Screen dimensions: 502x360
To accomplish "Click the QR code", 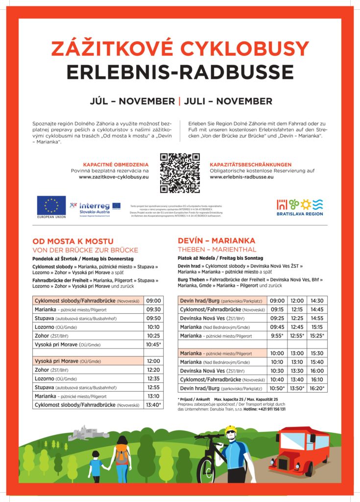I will pos(180,173).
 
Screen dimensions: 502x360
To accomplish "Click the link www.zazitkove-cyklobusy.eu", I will pos(114,176).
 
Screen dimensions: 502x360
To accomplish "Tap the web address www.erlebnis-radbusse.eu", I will pos(241,176).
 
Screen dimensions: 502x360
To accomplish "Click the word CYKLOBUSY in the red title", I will pos(245,49).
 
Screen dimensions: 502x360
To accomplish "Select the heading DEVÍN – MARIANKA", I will pos(216,241).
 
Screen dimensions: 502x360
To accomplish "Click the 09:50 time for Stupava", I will pos(153,319).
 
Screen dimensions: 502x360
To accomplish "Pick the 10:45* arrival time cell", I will pos(153,345).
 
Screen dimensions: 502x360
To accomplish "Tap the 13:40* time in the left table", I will pos(153,405).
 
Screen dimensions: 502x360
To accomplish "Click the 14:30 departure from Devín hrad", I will pos(316,301).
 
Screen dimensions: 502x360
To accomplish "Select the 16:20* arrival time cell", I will pos(316,388).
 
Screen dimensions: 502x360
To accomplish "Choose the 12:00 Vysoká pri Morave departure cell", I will pos(153,361).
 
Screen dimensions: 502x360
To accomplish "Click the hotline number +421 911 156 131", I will pos(267,409).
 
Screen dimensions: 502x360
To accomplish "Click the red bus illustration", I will pos(300,450).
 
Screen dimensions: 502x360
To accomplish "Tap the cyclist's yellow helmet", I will pos(231,430).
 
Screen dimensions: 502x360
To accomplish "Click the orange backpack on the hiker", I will pos(121,455).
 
